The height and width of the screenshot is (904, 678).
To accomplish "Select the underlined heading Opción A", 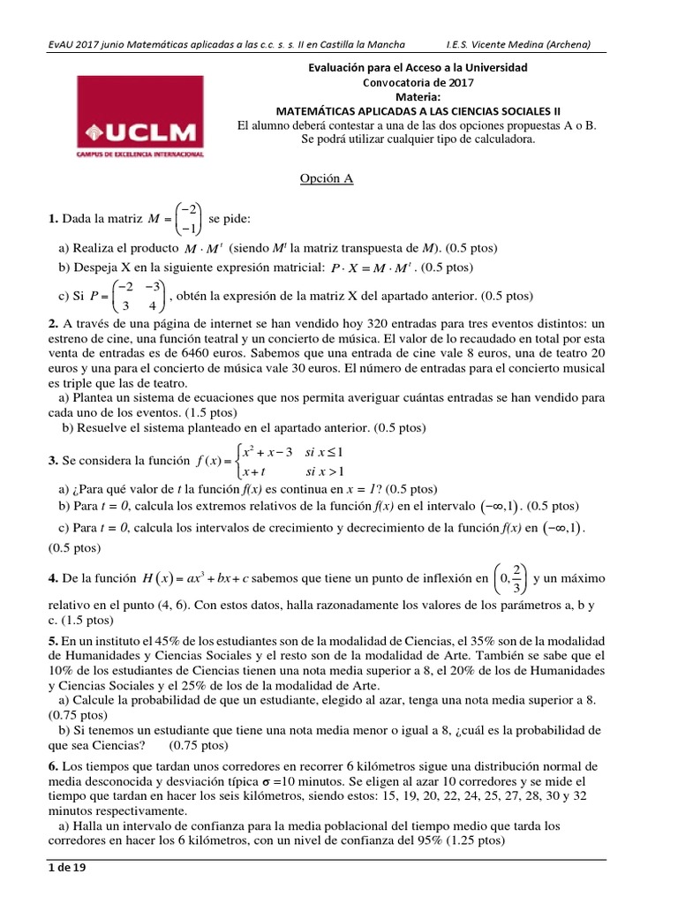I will click(x=327, y=178).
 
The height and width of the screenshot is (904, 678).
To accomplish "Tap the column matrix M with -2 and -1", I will click(x=187, y=218).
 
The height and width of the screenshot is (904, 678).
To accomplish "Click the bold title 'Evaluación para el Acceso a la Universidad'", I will click(x=418, y=67).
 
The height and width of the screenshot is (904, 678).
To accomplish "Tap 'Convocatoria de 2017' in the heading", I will click(x=418, y=82).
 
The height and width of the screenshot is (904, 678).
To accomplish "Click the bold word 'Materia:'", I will click(x=418, y=96).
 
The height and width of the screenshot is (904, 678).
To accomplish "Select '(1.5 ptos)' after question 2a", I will click(x=211, y=412).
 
